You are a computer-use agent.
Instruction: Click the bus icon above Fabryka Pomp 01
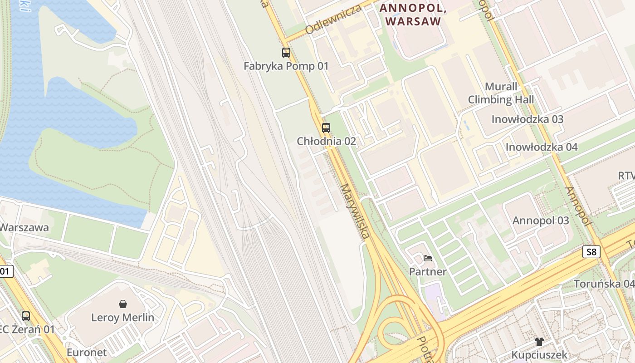click(286, 53)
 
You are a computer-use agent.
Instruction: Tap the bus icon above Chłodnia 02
click(326, 128)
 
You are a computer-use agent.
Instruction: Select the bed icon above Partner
click(427, 259)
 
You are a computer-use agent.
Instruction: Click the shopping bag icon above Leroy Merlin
click(122, 304)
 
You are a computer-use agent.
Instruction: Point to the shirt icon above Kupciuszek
click(539, 342)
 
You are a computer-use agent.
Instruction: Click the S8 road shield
click(591, 252)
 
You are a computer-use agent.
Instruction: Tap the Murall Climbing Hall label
click(501, 93)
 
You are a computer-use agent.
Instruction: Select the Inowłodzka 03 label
click(528, 119)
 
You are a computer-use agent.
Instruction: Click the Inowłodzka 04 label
click(542, 147)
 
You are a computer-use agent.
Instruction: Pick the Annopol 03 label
click(541, 221)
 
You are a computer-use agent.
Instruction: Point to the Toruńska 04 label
click(604, 284)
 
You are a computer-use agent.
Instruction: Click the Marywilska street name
click(355, 211)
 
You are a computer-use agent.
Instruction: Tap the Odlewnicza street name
click(333, 19)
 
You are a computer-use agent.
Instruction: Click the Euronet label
click(87, 353)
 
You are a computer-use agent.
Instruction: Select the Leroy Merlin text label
click(122, 318)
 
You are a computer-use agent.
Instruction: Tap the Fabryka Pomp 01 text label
click(286, 66)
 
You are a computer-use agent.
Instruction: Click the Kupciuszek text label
click(539, 355)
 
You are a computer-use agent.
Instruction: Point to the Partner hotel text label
click(428, 272)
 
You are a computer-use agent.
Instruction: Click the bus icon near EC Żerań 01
click(26, 316)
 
